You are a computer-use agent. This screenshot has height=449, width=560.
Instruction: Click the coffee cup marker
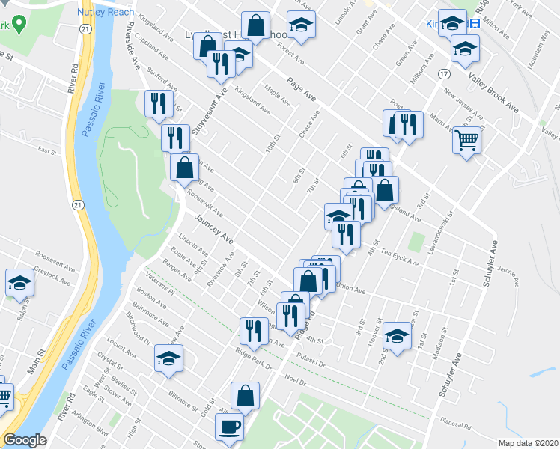(x=230, y=427)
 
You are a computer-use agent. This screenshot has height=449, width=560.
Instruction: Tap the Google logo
(x=25, y=440)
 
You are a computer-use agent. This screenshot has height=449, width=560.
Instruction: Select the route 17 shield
(x=444, y=73)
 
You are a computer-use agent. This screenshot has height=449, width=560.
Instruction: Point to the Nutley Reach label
(x=106, y=12)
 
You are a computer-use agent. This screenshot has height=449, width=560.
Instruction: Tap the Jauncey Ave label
(x=214, y=230)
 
